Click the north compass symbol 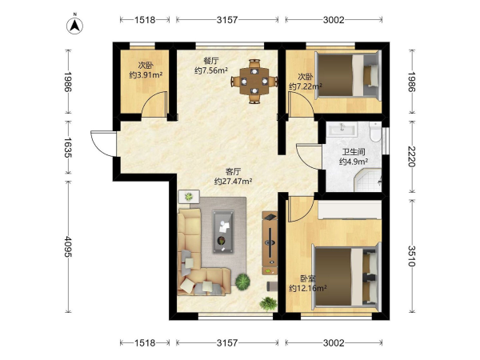(x=74, y=25)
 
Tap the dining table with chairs (x=254, y=82)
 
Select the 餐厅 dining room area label (x=211, y=60)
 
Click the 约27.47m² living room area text (x=234, y=182)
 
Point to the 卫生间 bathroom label (x=354, y=152)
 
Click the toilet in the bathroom (x=374, y=132)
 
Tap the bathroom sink (x=342, y=128)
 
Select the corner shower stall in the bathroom (x=369, y=181)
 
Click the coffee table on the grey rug (x=223, y=231)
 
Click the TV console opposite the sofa (x=270, y=242)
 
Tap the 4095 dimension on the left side (x=68, y=246)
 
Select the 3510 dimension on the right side (x=412, y=256)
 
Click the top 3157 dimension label (x=227, y=20)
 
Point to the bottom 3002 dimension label (x=334, y=343)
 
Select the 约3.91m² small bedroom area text (x=146, y=75)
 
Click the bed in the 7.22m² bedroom (x=348, y=76)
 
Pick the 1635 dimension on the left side (x=68, y=147)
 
